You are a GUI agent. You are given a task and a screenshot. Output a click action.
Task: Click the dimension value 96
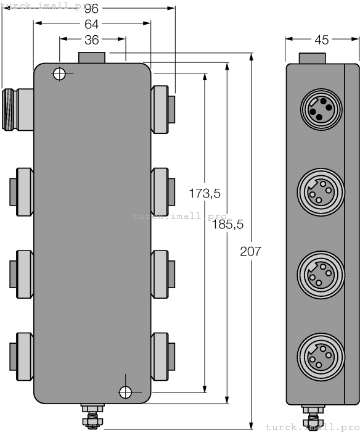[92, 9]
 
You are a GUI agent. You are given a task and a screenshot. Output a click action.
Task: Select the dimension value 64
[92, 24]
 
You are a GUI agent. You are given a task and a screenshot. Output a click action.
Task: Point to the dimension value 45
[321, 40]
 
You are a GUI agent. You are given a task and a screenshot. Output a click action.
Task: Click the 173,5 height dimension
[205, 193]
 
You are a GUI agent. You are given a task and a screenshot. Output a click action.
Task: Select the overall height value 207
[250, 252]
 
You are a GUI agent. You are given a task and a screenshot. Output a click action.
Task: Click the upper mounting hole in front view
[59, 74]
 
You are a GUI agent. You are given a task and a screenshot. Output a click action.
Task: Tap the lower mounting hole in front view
[126, 391]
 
